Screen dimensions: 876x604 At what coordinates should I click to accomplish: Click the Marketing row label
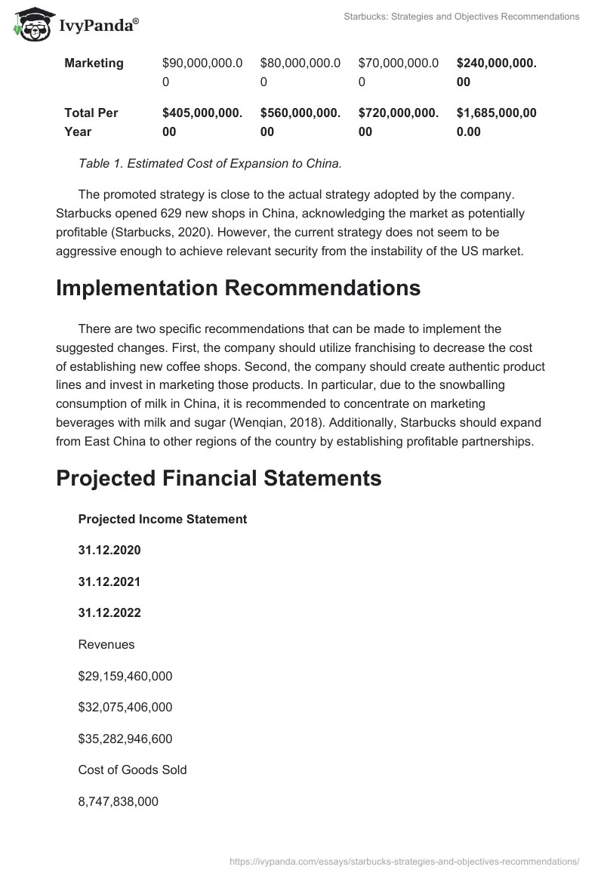[94, 63]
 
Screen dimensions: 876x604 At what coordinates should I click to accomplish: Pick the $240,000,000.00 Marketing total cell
[497, 72]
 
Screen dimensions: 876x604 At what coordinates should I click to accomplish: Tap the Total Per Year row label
[91, 122]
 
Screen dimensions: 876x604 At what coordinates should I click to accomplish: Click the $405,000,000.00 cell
[202, 122]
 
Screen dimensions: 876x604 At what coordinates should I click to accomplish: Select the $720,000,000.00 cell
[399, 122]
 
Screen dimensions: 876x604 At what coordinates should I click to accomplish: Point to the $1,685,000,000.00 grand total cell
[497, 122]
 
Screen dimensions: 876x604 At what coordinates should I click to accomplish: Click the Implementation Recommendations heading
[238, 288]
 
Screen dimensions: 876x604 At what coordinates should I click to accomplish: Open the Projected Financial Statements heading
[219, 478]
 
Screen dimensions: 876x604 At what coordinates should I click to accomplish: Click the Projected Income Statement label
[162, 520]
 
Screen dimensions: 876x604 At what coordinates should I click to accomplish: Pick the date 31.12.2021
[109, 582]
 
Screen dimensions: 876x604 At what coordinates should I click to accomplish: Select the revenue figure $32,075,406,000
[125, 708]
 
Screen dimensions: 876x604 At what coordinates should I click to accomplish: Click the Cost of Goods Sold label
[132, 770]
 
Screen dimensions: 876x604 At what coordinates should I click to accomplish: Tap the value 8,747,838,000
[118, 802]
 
